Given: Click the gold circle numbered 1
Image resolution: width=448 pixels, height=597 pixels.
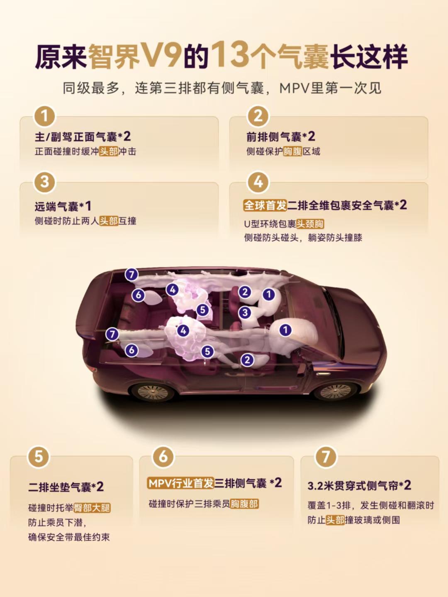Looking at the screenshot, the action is tap(44, 116).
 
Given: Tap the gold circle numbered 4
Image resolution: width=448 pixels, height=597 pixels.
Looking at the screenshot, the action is tap(258, 182).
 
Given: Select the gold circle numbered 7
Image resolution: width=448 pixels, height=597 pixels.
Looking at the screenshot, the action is tap(326, 457).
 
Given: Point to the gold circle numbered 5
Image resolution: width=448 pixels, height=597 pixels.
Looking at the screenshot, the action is tap(38, 457).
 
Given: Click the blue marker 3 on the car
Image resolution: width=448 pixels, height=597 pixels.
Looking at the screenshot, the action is tap(245, 312).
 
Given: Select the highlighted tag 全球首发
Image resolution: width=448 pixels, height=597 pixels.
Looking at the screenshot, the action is tap(265, 206).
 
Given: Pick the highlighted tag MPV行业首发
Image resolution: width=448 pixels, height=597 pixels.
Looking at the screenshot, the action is tap(180, 483).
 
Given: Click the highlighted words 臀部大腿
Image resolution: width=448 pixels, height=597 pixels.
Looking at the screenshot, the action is tap(92, 508).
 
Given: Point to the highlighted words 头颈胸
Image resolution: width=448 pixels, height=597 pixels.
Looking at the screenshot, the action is tap(310, 224).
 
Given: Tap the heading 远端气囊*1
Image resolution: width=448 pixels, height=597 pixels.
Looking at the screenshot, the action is tap(63, 207).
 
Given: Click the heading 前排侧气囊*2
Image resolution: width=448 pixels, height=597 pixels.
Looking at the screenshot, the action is tap(280, 136).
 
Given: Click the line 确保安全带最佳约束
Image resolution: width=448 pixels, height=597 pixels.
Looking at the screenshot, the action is tap(69, 537).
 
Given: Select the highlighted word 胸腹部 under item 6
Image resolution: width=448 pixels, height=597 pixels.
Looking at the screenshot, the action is tap(244, 504).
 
